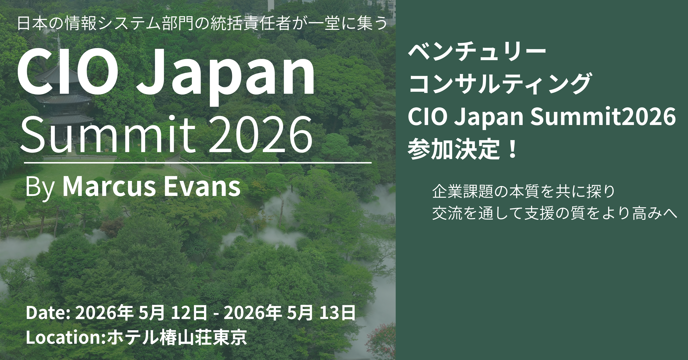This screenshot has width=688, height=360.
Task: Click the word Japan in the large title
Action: coord(226,77)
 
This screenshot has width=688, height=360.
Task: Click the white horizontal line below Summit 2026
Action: coord(198,162)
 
